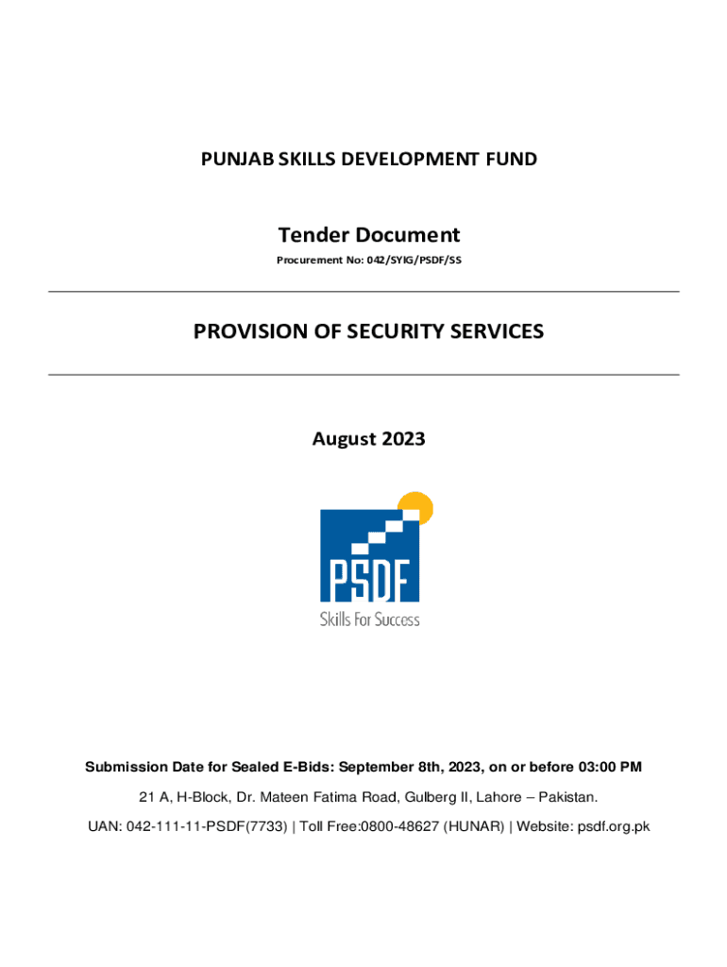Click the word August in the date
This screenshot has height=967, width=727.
point(344,439)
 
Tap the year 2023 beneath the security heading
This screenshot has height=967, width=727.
point(404,439)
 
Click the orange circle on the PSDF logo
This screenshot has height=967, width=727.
point(417,506)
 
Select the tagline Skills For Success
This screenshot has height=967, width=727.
point(369,620)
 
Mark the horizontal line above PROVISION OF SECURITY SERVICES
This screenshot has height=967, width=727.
point(363,292)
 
